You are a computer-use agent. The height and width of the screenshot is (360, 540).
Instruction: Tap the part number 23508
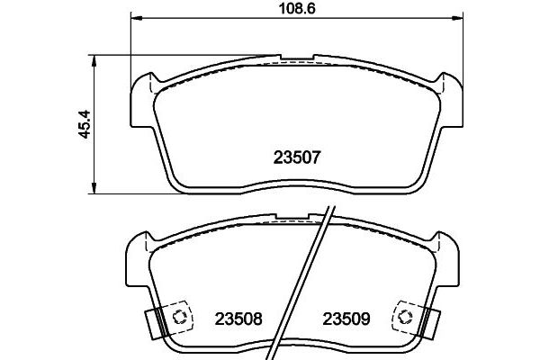click(x=238, y=318)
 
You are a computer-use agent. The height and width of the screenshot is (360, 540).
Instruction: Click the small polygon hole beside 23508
click(x=179, y=317)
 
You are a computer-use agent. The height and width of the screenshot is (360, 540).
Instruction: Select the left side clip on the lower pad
click(x=156, y=320)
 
